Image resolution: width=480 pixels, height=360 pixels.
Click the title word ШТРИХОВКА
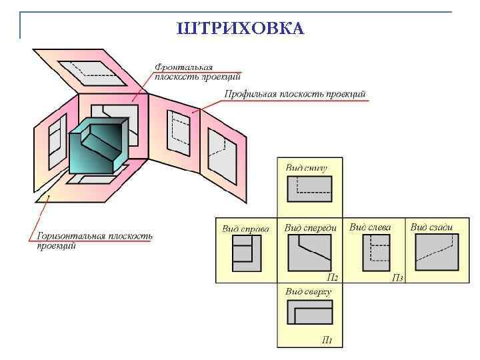[240, 28]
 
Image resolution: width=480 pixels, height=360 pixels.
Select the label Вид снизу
[307, 167]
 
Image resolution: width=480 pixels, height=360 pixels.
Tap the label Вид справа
[245, 229]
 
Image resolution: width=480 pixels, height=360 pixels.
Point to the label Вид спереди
[311, 228]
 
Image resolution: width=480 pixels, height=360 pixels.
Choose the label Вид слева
[370, 227]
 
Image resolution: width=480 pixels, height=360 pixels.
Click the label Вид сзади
[431, 227]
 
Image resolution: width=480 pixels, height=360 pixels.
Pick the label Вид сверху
[309, 291]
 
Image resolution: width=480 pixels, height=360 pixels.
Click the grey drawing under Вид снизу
[309, 188]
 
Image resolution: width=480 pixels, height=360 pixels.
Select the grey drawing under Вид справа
[246, 253]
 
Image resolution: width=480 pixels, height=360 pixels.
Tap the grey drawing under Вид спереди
[310, 253]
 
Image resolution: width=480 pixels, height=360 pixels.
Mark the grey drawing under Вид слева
[375, 253]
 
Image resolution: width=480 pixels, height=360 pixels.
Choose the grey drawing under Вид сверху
[309, 313]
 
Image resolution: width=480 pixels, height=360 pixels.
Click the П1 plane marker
[327, 341]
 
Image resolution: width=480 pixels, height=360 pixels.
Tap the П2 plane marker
[332, 277]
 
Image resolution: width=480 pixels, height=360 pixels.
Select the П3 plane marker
[397, 277]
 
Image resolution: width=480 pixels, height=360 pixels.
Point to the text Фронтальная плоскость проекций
[188, 71]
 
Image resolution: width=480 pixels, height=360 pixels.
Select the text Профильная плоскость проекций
[295, 95]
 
